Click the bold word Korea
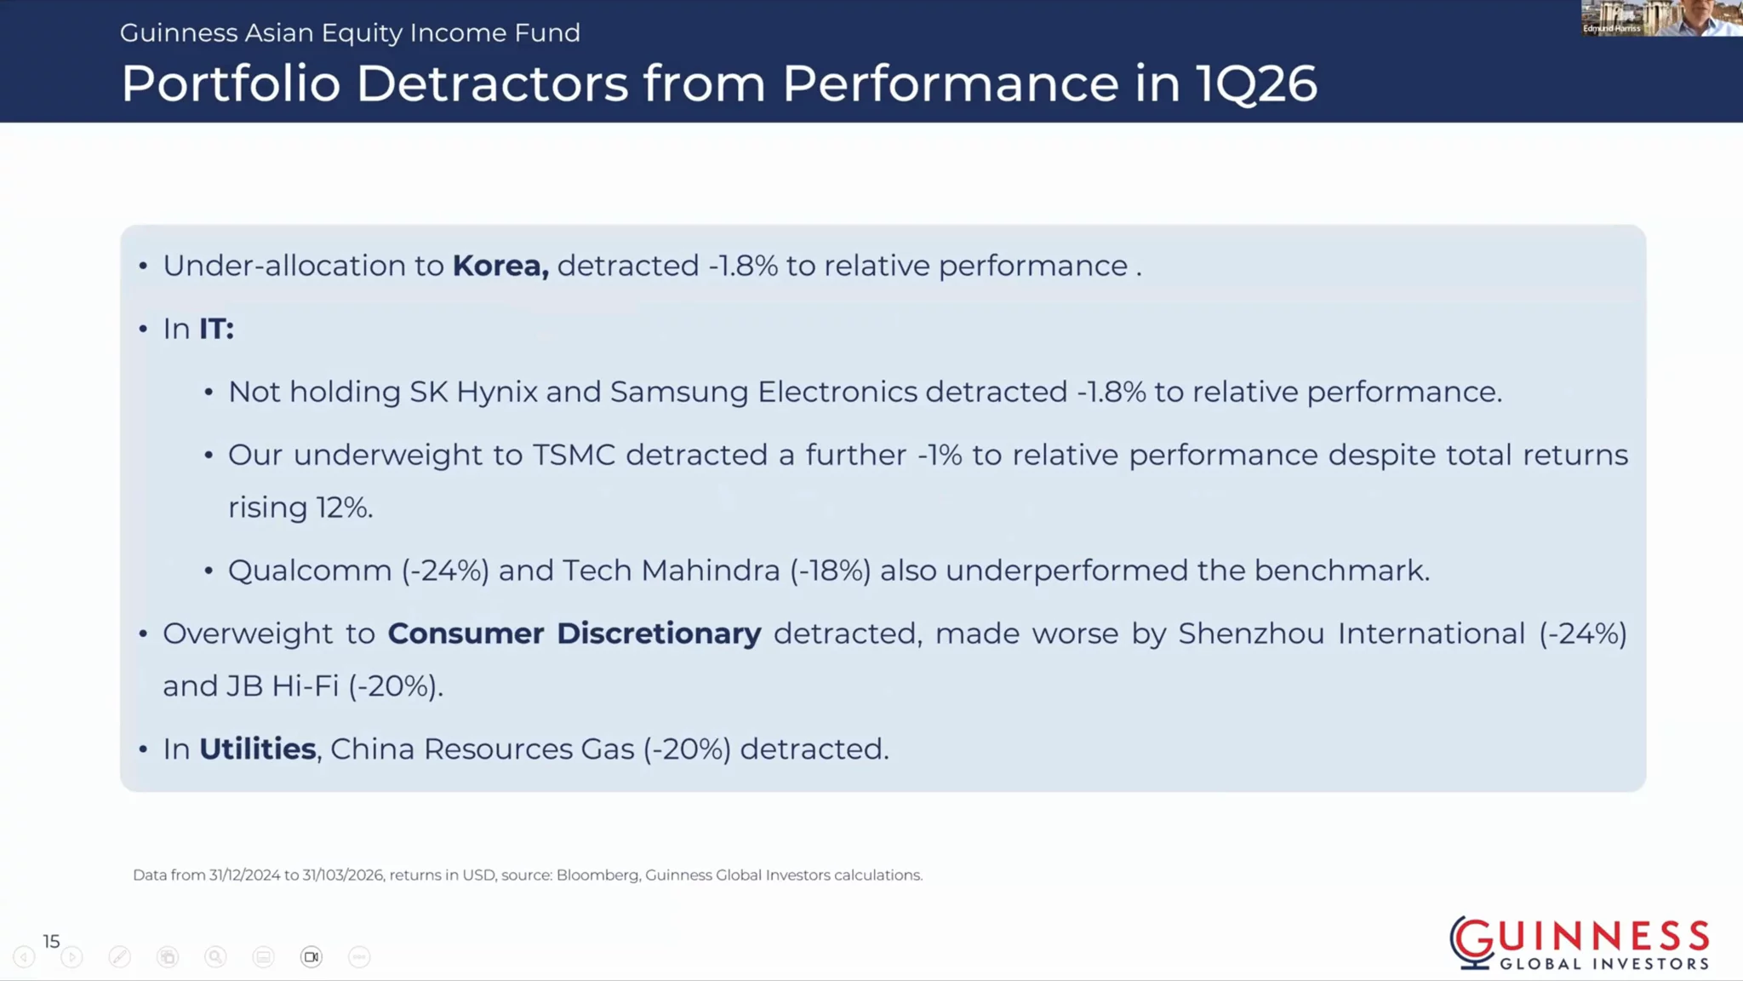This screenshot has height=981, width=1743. (x=500, y=266)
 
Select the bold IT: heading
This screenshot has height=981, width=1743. (x=216, y=329)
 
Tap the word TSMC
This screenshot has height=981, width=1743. (x=574, y=455)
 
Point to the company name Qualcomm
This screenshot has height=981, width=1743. (x=310, y=570)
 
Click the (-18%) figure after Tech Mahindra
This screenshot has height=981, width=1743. (x=831, y=570)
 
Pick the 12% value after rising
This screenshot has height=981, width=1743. (x=345, y=508)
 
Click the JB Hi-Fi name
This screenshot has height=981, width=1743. (x=283, y=686)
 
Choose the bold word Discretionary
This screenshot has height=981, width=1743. (x=659, y=634)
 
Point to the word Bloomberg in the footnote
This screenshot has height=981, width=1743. (x=597, y=875)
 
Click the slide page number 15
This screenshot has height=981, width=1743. (x=51, y=941)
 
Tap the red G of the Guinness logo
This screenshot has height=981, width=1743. (x=1472, y=942)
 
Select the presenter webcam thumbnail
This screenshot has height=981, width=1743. (x=1662, y=18)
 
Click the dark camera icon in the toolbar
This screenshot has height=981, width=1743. (x=311, y=957)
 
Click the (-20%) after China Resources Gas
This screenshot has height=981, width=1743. (x=687, y=749)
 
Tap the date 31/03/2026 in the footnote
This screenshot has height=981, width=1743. (x=343, y=875)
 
